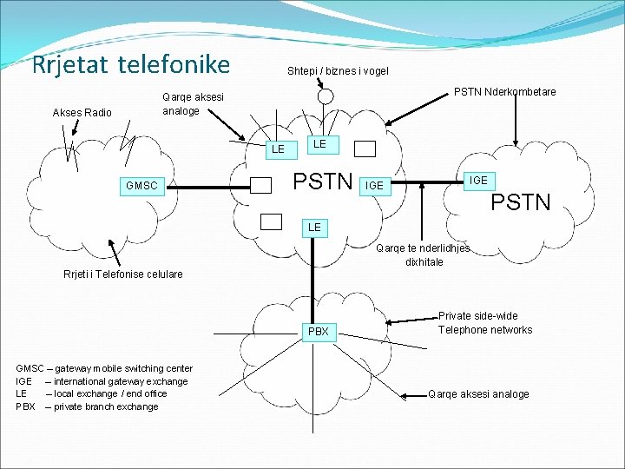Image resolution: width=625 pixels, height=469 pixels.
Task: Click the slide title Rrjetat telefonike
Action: (130, 64)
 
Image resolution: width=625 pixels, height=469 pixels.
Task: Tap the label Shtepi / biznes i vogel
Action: (338, 71)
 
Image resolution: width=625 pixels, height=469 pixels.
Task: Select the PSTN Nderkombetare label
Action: (506, 92)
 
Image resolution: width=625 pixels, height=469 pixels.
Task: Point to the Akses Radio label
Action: (82, 112)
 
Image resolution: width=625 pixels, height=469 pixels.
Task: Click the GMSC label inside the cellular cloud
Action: (141, 185)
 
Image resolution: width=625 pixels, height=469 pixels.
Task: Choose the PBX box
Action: (319, 332)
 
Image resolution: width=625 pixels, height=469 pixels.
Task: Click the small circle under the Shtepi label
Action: (326, 96)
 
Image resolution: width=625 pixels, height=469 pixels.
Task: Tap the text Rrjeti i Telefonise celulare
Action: (123, 274)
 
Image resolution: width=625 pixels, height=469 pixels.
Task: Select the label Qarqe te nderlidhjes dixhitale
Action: (423, 254)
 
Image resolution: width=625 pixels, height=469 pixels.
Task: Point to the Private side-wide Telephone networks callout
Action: (484, 323)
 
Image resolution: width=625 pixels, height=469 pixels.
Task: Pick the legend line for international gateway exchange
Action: (102, 381)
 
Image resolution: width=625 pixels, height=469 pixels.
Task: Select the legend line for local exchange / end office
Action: (91, 393)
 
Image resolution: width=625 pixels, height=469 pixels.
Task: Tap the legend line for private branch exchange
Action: (87, 406)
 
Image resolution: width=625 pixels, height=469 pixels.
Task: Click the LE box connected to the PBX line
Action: (314, 227)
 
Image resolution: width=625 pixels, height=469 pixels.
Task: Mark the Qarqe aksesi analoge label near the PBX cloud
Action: (478, 393)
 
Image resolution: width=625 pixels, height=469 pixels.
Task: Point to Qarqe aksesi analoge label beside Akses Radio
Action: (193, 104)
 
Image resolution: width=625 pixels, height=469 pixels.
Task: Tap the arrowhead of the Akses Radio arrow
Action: (75, 132)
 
